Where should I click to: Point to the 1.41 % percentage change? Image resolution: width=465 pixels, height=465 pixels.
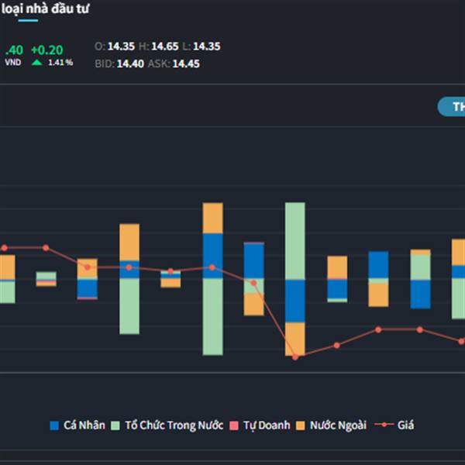point(60,63)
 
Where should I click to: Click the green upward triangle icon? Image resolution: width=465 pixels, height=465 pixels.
point(37,62)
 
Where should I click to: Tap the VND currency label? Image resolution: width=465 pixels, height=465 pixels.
point(13,63)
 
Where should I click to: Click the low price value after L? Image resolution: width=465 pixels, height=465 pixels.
point(207,46)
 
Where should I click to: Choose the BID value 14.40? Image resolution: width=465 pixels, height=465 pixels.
point(130,64)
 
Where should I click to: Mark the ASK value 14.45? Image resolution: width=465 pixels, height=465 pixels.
point(186,64)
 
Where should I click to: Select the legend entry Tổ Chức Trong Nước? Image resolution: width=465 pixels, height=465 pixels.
point(167,425)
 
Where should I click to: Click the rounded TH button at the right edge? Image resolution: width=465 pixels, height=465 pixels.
point(452,107)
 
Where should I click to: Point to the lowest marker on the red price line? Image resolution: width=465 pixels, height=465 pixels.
point(295,356)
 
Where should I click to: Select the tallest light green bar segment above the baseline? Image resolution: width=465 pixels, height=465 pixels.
point(295,240)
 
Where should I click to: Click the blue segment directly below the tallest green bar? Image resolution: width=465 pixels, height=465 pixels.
point(295,301)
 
